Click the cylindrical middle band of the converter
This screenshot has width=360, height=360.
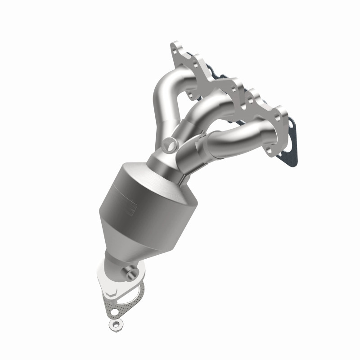point(135,202)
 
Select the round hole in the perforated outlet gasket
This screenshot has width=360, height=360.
point(116,311)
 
